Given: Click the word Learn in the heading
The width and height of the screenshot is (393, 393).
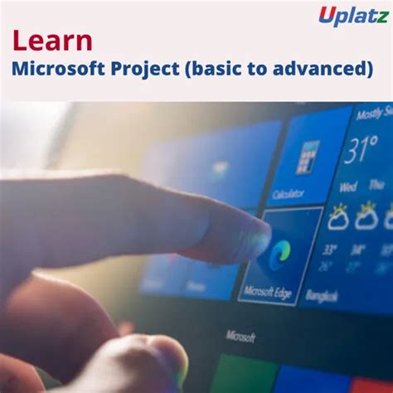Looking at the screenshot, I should tap(52, 42).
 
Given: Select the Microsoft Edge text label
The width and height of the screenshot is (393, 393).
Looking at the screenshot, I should tap(268, 292).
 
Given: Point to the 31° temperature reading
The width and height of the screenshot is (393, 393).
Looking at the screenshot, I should tap(362, 152).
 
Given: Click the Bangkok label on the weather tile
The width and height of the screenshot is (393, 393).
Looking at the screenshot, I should tap(322, 295).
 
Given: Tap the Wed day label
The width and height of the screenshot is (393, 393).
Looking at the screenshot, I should tap(348, 187).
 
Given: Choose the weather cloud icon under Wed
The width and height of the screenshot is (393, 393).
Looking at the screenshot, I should tap(338, 217).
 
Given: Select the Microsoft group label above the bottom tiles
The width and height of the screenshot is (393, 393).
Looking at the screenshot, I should tap(240, 336).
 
